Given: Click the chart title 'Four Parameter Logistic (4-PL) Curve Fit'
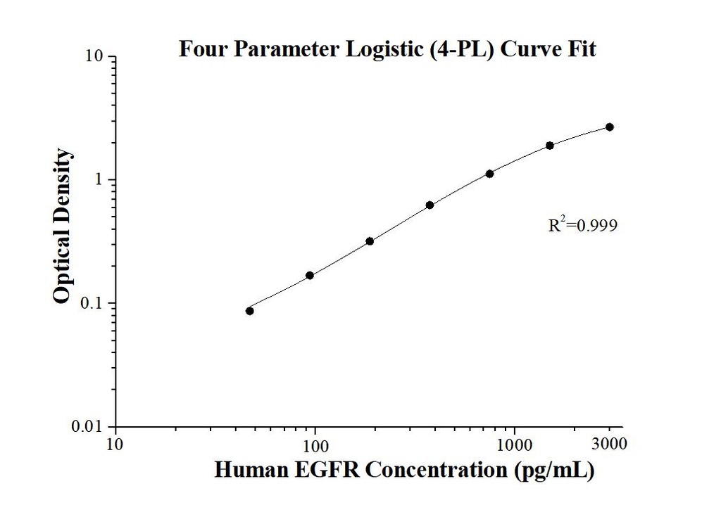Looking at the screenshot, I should pyautogui.click(x=387, y=50).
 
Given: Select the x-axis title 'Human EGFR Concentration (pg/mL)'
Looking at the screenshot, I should pyautogui.click(x=404, y=470).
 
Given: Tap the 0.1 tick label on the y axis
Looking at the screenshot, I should pyautogui.click(x=94, y=304).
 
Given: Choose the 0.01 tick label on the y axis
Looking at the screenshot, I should pyautogui.click(x=90, y=427).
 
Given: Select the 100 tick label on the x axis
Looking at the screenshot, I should pyautogui.click(x=315, y=444).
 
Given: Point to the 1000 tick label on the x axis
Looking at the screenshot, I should pyautogui.click(x=515, y=444).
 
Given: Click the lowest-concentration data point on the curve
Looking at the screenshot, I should pyautogui.click(x=250, y=311).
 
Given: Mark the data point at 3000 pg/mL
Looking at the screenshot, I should pyautogui.click(x=610, y=127).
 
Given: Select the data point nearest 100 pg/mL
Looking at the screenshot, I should pyautogui.click(x=310, y=275).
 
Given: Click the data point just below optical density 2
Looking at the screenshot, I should pyautogui.click(x=550, y=146).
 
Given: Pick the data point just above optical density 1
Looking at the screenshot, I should pyautogui.click(x=489, y=174).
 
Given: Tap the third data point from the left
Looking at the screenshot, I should pyautogui.click(x=370, y=241).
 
